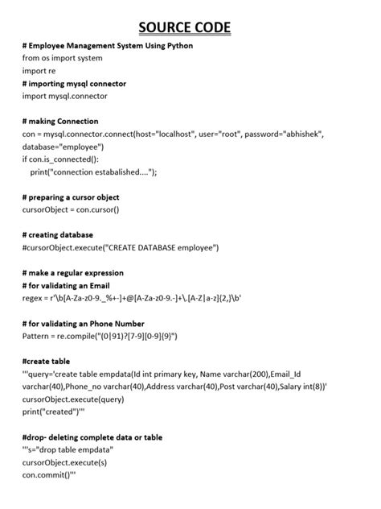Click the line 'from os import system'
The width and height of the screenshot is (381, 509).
tap(63, 58)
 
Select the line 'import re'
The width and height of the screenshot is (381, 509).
tap(39, 71)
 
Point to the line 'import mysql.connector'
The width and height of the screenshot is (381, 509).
tap(65, 96)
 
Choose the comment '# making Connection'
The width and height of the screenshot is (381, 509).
tap(60, 122)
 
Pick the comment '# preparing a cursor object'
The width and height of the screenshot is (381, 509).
tap(71, 197)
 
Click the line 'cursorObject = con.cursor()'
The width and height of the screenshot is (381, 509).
tap(71, 209)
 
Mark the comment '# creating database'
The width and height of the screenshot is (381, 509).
tap(58, 235)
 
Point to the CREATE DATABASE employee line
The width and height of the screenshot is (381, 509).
tap(121, 247)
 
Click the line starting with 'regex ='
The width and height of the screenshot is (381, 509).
tap(121, 298)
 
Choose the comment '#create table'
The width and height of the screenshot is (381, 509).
tap(46, 361)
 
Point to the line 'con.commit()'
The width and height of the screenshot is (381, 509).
tap(49, 475)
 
